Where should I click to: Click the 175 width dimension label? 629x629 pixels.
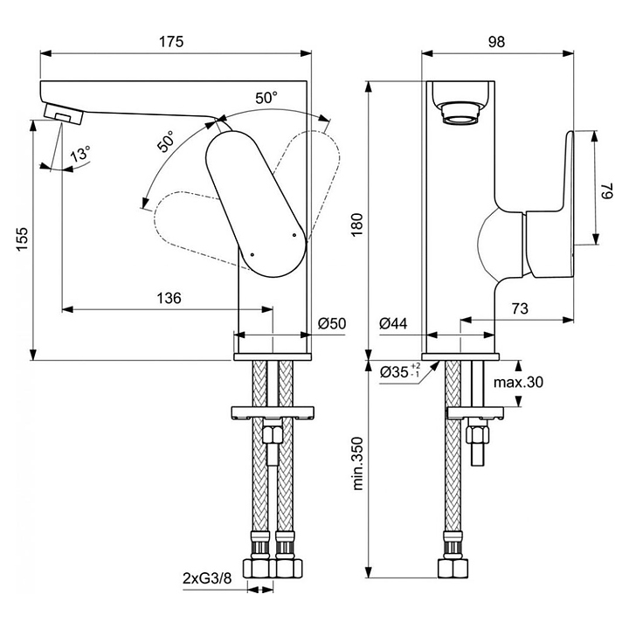[171, 42]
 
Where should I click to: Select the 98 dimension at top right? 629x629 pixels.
[496, 42]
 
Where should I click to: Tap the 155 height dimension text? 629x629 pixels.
[22, 239]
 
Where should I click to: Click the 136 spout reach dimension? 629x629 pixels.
[169, 298]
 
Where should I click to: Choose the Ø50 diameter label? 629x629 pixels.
[332, 323]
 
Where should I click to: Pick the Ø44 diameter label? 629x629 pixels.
[393, 323]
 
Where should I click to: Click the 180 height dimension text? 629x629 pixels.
[357, 225]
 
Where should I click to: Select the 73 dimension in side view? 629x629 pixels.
[520, 308]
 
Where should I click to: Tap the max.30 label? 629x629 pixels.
[518, 383]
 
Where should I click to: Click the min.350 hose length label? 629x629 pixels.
[357, 463]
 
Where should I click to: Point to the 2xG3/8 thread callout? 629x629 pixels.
[207, 578]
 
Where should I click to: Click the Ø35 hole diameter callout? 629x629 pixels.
[400, 371]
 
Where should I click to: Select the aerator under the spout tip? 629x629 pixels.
[64, 114]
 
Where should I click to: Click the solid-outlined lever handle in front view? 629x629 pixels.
[256, 204]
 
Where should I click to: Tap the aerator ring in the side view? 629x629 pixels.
[460, 114]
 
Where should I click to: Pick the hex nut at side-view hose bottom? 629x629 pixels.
[453, 568]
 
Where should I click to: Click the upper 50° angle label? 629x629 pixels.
[266, 98]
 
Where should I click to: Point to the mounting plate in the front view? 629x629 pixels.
[273, 412]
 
